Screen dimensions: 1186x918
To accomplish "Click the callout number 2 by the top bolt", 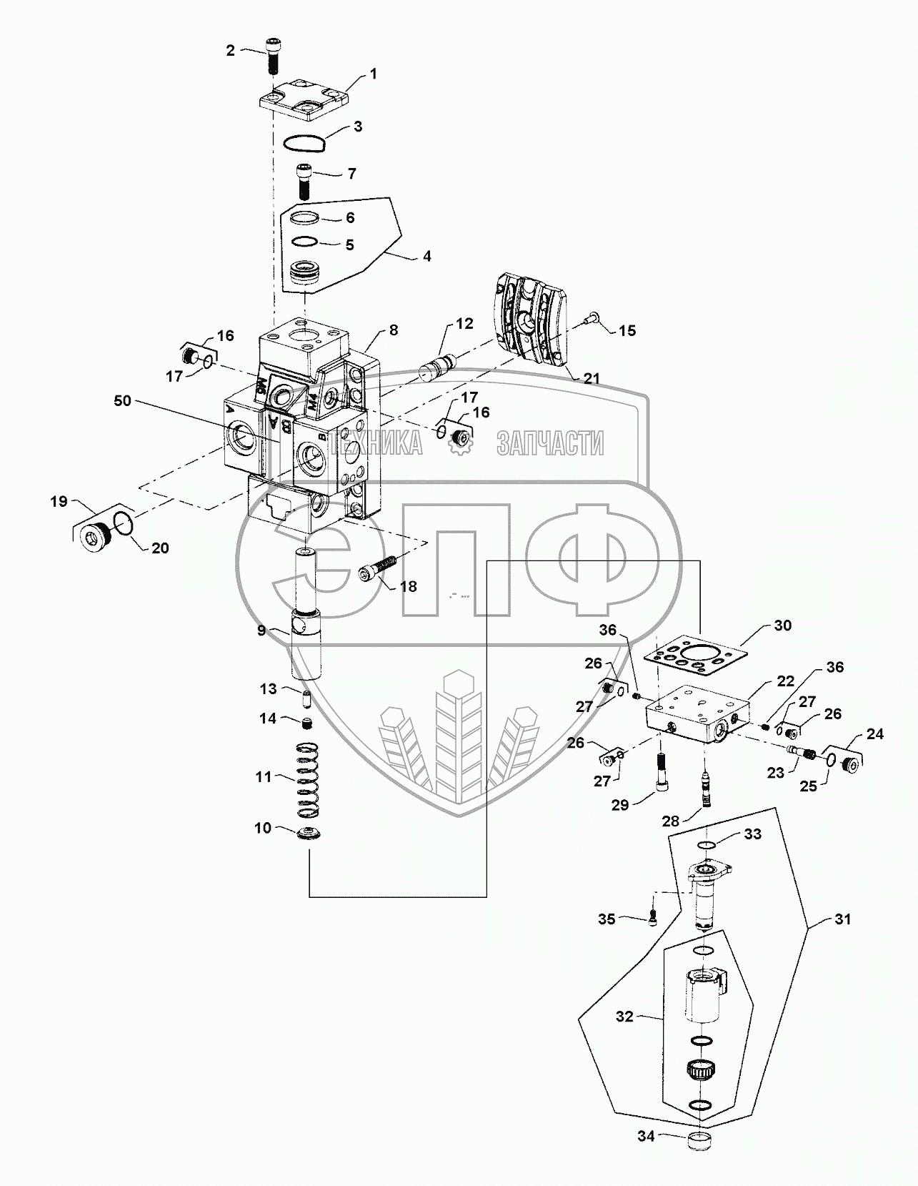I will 230,50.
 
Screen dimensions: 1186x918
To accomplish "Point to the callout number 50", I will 122,401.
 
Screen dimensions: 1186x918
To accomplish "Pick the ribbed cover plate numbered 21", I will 529,327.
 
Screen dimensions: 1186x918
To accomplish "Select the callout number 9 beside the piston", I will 262,630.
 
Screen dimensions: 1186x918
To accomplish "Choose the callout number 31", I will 843,919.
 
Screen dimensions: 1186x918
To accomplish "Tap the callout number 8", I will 394,330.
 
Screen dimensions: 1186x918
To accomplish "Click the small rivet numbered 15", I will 590,322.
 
